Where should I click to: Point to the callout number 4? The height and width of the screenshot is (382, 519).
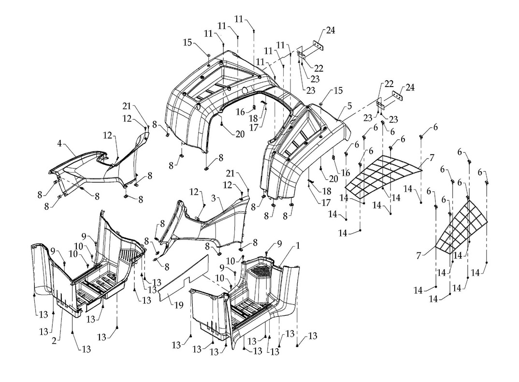click(x=59, y=143)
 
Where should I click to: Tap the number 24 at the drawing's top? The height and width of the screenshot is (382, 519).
click(x=330, y=30)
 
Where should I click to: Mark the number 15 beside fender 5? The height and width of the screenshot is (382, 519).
click(x=337, y=90)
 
